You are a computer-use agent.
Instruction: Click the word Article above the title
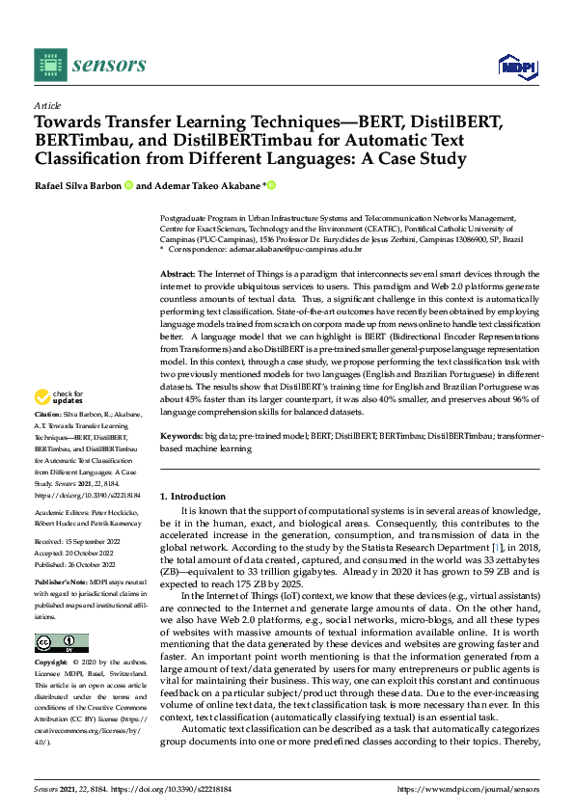click(46, 104)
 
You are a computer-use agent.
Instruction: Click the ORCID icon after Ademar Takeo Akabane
click(272, 185)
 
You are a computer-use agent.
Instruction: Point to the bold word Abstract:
click(178, 275)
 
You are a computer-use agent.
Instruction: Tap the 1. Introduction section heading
click(190, 496)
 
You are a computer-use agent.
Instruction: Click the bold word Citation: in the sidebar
click(50, 441)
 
